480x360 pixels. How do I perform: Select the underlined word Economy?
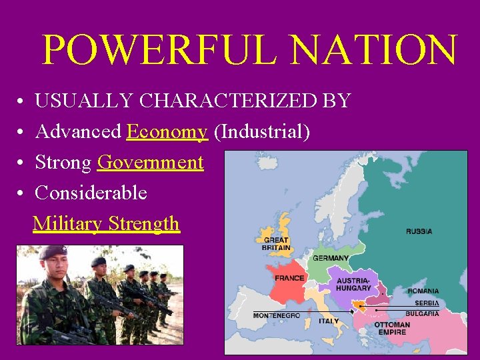coord(167,132)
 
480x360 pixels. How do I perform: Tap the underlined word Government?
coord(150,163)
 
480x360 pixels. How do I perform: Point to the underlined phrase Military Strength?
coord(106,223)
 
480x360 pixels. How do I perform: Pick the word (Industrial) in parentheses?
coord(261,132)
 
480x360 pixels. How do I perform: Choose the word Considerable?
coord(91,193)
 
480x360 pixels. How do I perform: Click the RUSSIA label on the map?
coord(419,231)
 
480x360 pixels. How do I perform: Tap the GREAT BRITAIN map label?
coord(276,243)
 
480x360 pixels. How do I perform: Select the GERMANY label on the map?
coord(331,258)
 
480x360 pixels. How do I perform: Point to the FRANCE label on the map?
coord(289,277)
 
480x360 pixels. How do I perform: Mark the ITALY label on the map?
coord(329,321)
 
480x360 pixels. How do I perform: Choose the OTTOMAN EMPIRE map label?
coord(391,329)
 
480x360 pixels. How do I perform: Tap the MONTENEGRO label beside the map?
coord(276,315)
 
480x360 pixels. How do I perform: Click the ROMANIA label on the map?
coord(423,291)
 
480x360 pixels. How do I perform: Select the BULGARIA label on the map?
coord(422,313)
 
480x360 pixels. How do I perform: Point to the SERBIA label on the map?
coord(427,303)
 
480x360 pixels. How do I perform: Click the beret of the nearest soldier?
coord(53,252)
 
